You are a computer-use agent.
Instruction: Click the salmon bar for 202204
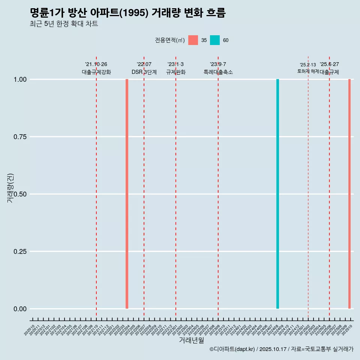(127, 194)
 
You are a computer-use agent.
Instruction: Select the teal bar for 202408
(277, 194)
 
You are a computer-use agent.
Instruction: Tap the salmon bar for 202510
(349, 194)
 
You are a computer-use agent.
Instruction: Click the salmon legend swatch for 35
(193, 40)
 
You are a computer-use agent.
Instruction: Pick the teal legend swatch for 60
(215, 40)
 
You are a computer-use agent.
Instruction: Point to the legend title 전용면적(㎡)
(169, 40)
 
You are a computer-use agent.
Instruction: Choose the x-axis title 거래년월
(191, 340)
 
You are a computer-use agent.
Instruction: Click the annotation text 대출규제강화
(96, 72)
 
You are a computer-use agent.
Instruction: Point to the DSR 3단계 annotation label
(144, 72)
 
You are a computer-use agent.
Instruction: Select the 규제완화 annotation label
(175, 72)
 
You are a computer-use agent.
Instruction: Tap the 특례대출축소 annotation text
(218, 72)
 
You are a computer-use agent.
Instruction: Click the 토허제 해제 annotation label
(308, 71)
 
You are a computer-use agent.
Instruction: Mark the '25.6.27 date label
(329, 64)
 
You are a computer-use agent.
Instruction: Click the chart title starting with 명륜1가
(127, 13)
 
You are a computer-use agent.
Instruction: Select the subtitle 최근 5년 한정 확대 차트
(64, 24)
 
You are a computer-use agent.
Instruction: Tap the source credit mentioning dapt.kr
(281, 349)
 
